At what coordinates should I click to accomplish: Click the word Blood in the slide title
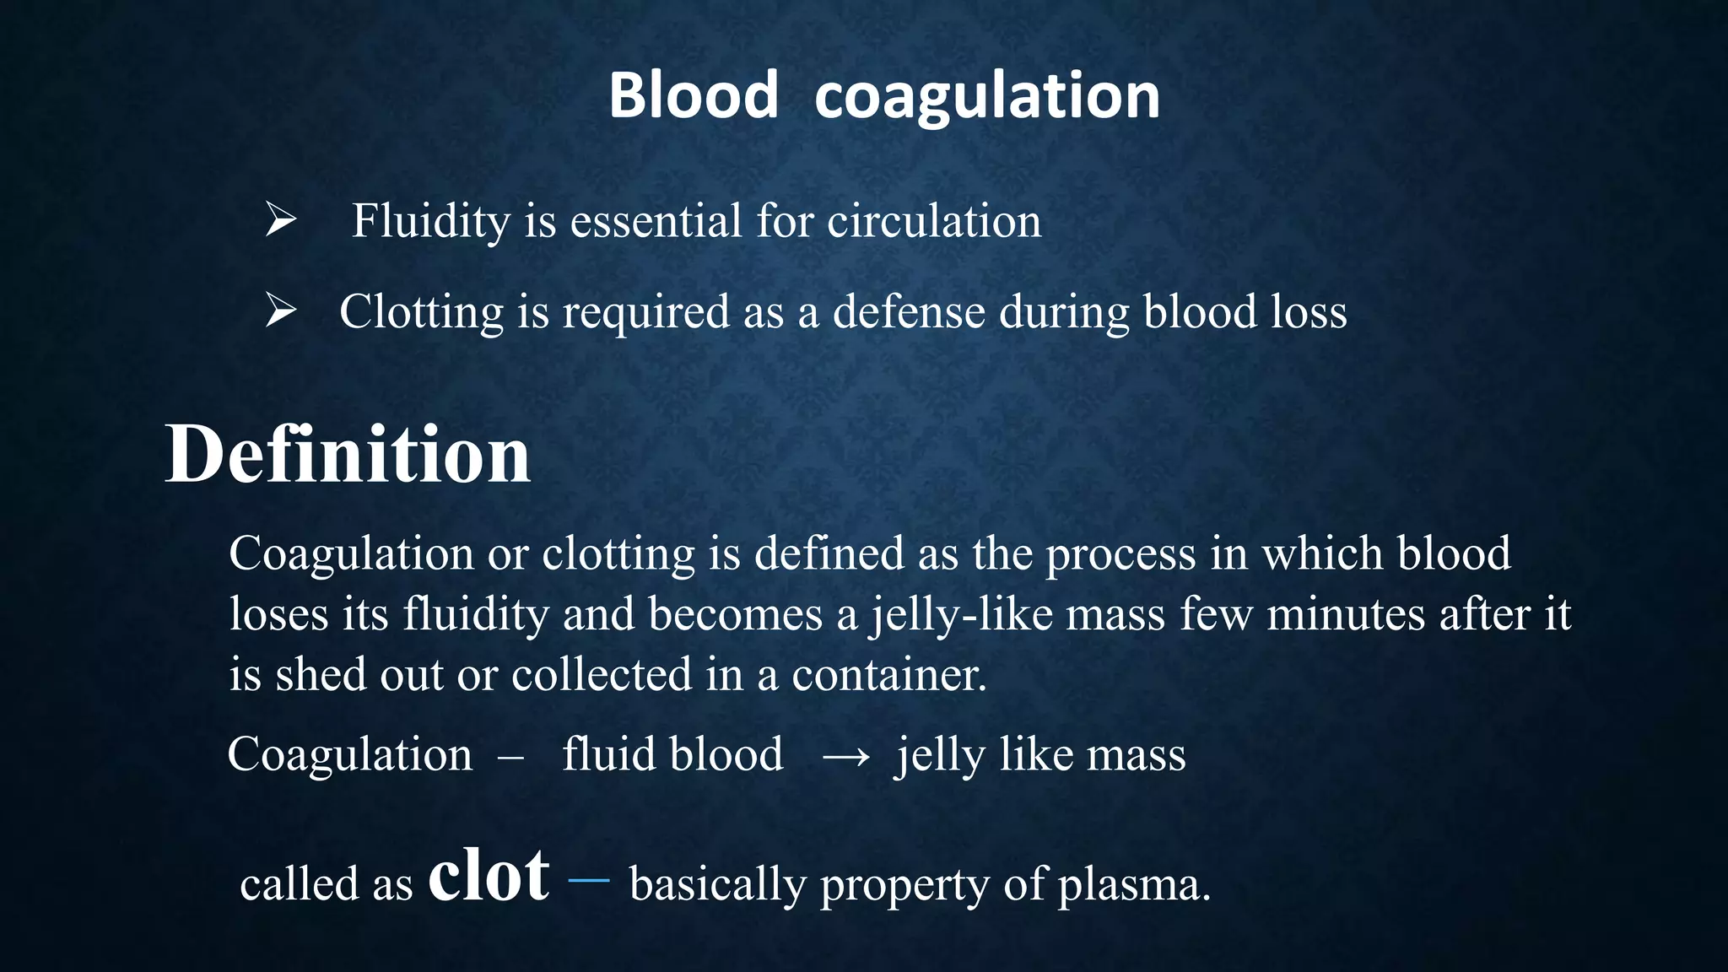point(693,95)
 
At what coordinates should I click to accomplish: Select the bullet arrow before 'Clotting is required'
point(280,310)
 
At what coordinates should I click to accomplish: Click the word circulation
point(934,221)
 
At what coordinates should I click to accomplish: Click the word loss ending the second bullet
point(1309,312)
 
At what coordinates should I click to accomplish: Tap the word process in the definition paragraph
point(1120,555)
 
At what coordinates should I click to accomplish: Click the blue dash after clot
point(588,880)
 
